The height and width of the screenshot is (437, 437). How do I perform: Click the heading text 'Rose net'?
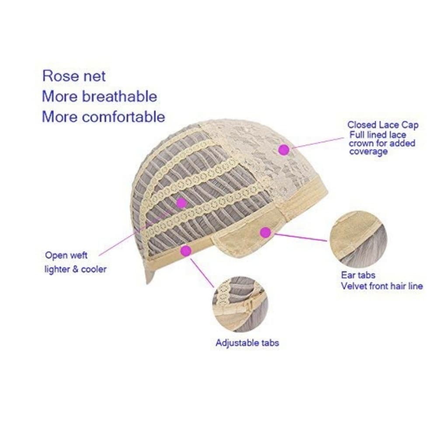[x=74, y=76]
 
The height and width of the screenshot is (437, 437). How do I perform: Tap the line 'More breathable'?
[x=100, y=97]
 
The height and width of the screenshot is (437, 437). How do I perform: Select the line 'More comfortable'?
[x=104, y=117]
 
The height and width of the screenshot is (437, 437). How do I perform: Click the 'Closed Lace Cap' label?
[x=383, y=125]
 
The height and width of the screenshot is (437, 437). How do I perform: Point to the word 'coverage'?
[x=368, y=152]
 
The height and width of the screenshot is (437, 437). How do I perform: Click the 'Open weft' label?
[x=66, y=255]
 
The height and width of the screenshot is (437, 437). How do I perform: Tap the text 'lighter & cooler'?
[x=76, y=269]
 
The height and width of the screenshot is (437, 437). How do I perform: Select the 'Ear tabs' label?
[x=358, y=275]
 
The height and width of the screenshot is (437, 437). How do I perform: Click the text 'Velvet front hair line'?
[x=382, y=286]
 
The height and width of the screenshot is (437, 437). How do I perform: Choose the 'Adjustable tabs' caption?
[x=247, y=343]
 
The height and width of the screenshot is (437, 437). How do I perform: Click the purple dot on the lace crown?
[x=284, y=149]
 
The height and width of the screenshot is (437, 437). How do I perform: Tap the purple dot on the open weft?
[x=181, y=203]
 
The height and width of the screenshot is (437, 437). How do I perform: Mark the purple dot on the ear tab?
[x=266, y=232]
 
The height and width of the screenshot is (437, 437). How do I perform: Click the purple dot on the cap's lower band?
[x=186, y=250]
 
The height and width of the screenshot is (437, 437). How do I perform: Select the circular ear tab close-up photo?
[x=358, y=239]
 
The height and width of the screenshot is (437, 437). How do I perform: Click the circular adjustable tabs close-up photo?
[x=240, y=304]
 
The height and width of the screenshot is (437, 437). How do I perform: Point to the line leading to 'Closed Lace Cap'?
[x=318, y=142]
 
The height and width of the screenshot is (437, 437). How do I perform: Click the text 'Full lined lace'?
[x=378, y=135]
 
